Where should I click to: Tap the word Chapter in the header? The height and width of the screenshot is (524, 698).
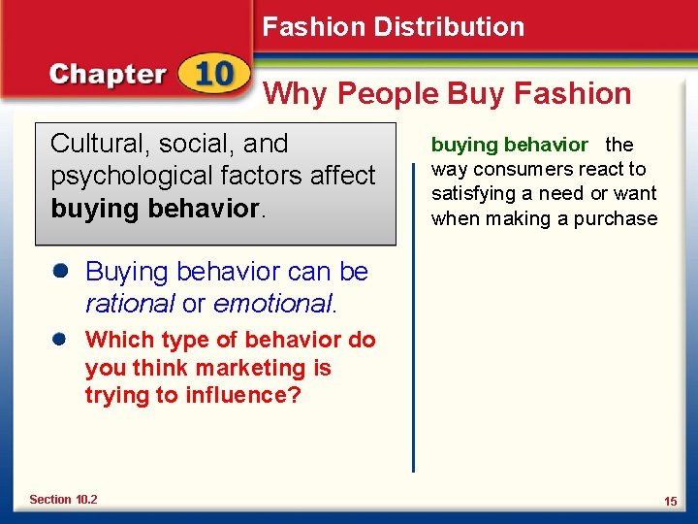(x=108, y=75)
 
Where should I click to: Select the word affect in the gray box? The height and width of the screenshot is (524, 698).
(x=341, y=176)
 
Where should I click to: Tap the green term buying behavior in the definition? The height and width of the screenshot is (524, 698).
(x=509, y=146)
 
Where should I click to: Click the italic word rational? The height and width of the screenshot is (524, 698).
(x=130, y=304)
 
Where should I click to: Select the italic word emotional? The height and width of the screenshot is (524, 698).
(x=272, y=304)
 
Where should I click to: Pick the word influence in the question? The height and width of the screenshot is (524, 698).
(x=247, y=396)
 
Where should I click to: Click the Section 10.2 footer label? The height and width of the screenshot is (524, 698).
(x=63, y=500)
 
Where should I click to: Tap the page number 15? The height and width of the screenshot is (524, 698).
(x=670, y=501)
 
